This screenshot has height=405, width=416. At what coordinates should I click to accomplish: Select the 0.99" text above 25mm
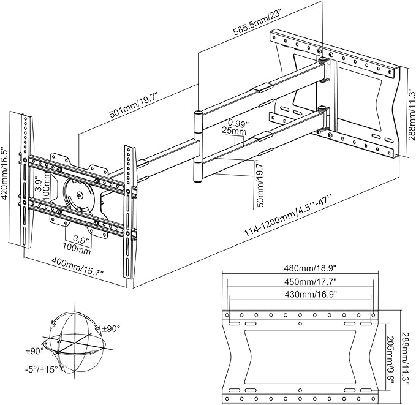point(238,122)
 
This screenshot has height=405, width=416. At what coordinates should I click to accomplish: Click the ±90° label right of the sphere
point(112,328)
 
